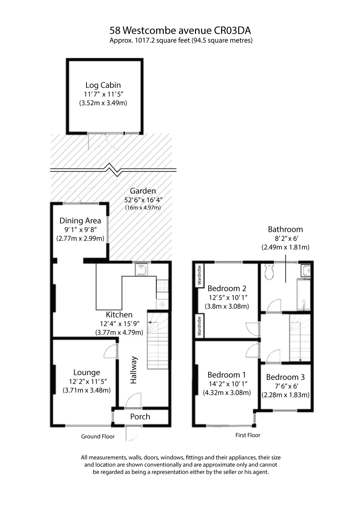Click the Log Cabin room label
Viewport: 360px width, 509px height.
pos(103,85)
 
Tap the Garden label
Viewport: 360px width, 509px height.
pos(143,191)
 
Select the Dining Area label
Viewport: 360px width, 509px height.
pos(80,221)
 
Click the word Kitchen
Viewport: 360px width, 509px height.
pos(119,315)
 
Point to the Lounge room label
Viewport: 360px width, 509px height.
pos(86,372)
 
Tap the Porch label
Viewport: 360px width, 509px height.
pos(140,417)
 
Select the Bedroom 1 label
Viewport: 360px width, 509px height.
pos(227,375)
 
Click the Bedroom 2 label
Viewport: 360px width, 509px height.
pos(227,289)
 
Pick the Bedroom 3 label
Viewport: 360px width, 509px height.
pos(285,377)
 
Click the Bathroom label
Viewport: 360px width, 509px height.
pos(285,229)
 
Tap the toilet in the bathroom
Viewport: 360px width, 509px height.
pos(270,272)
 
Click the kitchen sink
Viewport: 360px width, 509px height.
pos(142,270)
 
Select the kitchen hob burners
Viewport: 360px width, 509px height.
pos(163,285)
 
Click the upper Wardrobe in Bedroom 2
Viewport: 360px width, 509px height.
pos(199,275)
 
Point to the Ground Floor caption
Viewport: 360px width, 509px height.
pos(98,437)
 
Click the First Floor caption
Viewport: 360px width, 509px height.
pos(247,435)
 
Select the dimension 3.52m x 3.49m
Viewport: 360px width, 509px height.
pos(103,103)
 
